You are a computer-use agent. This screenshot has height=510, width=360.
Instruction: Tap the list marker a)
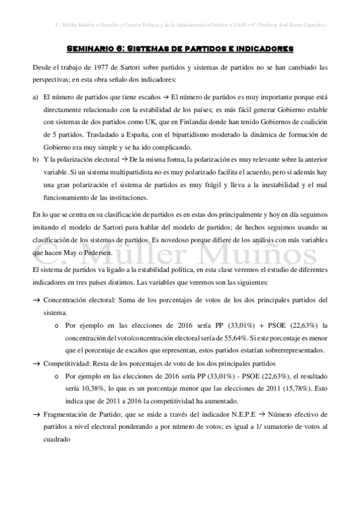[x=36, y=96]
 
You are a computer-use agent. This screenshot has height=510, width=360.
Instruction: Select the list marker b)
[x=36, y=159]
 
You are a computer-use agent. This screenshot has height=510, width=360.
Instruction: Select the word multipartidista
[x=99, y=173]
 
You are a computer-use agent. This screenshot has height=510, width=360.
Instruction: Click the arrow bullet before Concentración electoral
[x=36, y=300]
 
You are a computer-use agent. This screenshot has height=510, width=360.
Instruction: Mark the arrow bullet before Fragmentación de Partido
[x=36, y=415]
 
